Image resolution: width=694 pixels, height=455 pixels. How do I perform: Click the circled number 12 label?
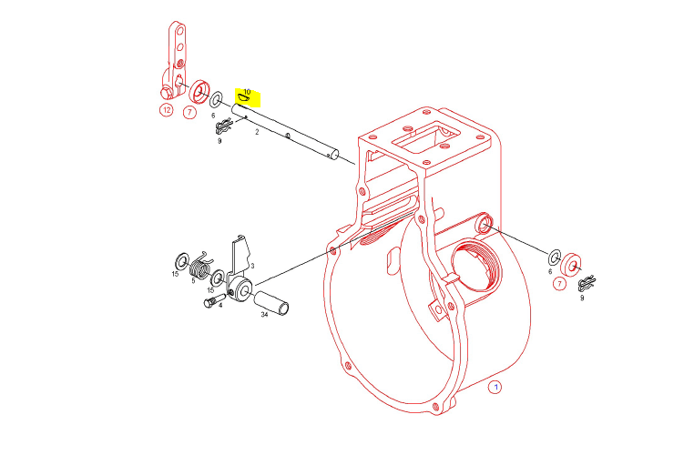(x=167, y=110)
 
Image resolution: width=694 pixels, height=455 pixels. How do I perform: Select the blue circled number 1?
(x=495, y=388)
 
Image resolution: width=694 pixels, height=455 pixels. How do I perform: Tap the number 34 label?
(x=264, y=314)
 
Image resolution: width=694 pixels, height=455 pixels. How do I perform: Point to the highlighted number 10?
(x=247, y=92)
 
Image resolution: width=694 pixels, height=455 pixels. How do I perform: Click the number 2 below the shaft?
(x=257, y=131)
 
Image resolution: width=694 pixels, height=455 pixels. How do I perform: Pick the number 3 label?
(x=252, y=266)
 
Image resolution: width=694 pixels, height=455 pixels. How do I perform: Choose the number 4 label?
(x=220, y=305)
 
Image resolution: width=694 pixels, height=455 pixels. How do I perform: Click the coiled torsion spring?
(x=200, y=267)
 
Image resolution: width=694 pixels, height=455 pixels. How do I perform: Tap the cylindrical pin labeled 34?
(x=270, y=303)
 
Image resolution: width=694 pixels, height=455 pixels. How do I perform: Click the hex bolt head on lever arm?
(x=165, y=94)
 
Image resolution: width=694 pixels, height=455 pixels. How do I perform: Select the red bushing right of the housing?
(x=571, y=266)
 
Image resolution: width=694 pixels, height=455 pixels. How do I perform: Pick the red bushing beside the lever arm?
(x=199, y=93)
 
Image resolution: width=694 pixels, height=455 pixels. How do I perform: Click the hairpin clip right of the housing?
(x=587, y=283)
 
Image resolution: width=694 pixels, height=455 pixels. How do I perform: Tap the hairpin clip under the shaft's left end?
(x=223, y=126)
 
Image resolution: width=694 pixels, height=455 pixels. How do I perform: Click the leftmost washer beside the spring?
(x=182, y=261)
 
